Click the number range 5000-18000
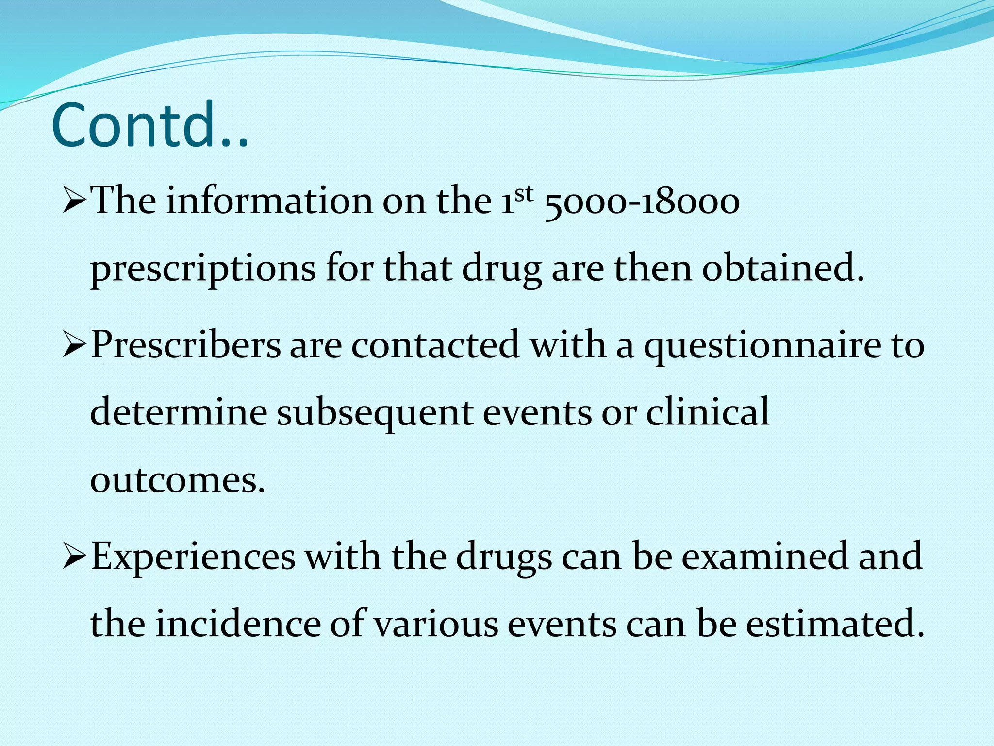click(x=642, y=202)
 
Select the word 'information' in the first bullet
click(x=270, y=201)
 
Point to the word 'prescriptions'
click(x=203, y=270)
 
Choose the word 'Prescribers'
click(x=186, y=345)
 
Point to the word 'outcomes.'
click(x=178, y=481)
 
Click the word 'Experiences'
click(x=193, y=557)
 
